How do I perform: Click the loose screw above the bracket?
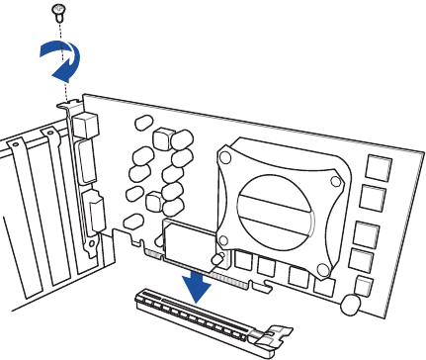coord(58,12)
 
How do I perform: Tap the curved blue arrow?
coord(58,64)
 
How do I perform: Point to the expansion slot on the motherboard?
coord(198,318)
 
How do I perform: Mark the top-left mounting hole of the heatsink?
coord(226,158)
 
